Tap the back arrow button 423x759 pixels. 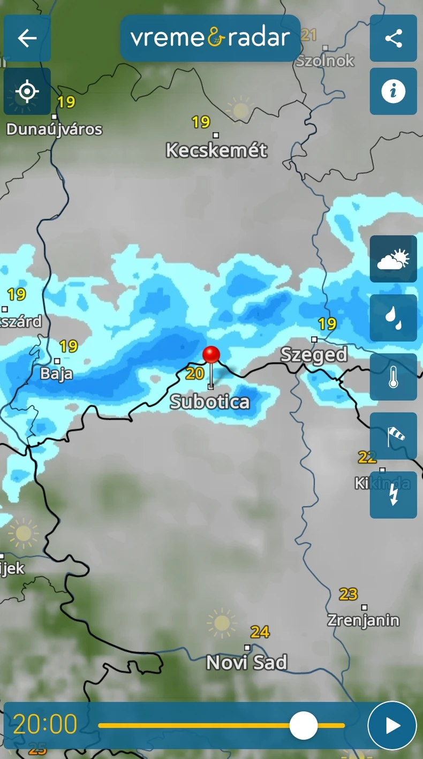pyautogui.click(x=27, y=38)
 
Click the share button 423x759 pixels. pyautogui.click(x=393, y=38)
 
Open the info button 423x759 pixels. pyautogui.click(x=393, y=92)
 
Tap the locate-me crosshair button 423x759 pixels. pyautogui.click(x=27, y=92)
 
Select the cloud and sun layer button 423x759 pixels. pyautogui.click(x=393, y=259)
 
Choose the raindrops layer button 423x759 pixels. pyautogui.click(x=393, y=318)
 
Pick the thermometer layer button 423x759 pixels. pyautogui.click(x=393, y=377)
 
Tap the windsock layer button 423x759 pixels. pyautogui.click(x=393, y=436)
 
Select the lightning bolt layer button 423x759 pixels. pyautogui.click(x=393, y=495)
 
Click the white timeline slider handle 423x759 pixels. pyautogui.click(x=304, y=726)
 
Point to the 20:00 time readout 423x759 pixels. pyautogui.click(x=45, y=725)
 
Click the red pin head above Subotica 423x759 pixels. pyautogui.click(x=211, y=354)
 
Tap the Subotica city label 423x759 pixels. pyautogui.click(x=210, y=402)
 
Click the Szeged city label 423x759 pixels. pyautogui.click(x=314, y=354)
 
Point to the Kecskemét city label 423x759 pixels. pyautogui.click(x=216, y=150)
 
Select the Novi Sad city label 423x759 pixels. pyautogui.click(x=246, y=663)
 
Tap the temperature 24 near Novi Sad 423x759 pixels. pyautogui.click(x=260, y=632)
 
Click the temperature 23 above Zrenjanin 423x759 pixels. pyautogui.click(x=348, y=594)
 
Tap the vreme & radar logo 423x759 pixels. pyautogui.click(x=210, y=38)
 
